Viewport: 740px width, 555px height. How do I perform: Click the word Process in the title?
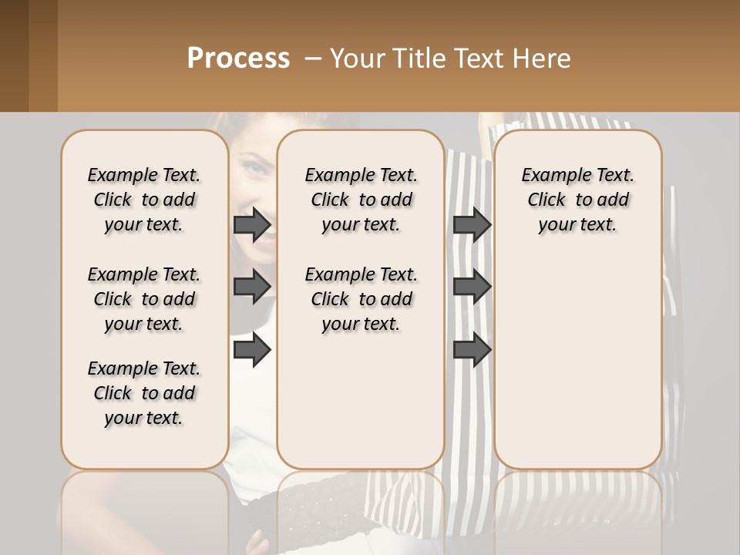point(238,58)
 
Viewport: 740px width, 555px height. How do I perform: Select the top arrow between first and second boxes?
point(252,225)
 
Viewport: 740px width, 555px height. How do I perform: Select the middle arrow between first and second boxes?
point(252,287)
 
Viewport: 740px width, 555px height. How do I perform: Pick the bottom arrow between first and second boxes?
point(252,350)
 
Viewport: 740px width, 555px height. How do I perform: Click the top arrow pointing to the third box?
point(472,225)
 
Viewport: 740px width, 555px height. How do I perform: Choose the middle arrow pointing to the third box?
point(472,287)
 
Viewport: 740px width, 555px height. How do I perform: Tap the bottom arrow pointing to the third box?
point(472,350)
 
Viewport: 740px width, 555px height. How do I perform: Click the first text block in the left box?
point(144,200)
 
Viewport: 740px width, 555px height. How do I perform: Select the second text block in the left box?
point(144,299)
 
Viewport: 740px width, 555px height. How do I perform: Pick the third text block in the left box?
point(144,393)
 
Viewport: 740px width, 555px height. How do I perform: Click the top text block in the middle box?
point(361,200)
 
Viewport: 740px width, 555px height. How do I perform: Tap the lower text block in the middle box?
point(361,299)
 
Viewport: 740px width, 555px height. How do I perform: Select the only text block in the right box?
point(577,200)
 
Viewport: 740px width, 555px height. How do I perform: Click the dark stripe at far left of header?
point(14,55)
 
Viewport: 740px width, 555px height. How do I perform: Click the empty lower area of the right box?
point(577,370)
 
